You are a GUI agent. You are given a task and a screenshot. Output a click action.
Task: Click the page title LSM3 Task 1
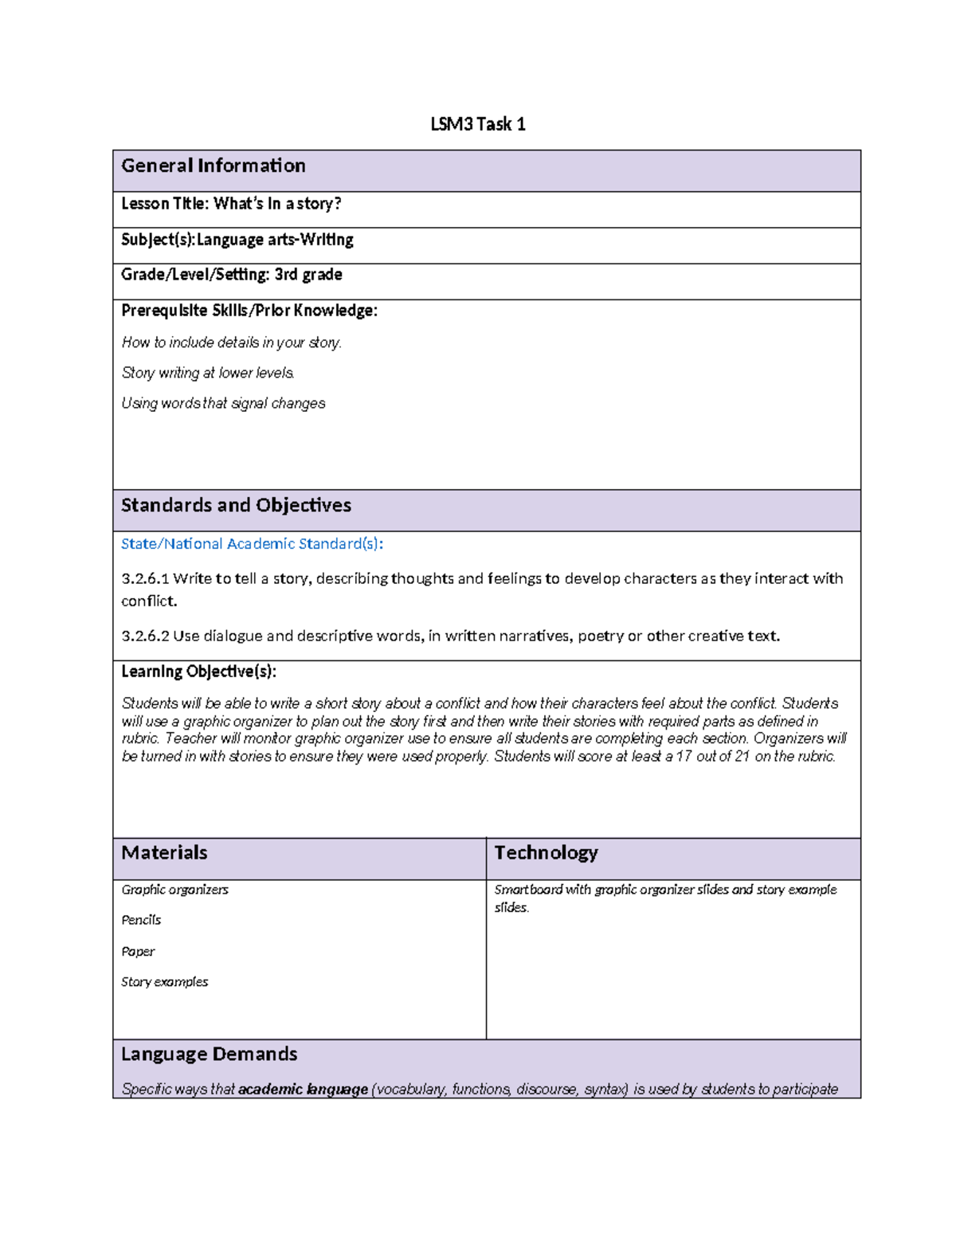coord(477,124)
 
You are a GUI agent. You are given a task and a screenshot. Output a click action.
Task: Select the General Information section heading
coord(213,166)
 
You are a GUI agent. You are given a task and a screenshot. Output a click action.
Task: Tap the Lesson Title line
coord(231,204)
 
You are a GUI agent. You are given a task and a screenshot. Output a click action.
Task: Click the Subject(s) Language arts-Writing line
coord(237,240)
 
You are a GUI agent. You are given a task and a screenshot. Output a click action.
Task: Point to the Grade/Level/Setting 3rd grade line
coord(231,275)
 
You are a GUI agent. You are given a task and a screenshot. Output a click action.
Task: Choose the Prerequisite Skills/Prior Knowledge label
coord(249,311)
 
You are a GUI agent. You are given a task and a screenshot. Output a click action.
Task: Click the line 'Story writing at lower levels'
coord(208,373)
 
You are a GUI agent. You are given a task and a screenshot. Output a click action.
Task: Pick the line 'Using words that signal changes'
coord(223,404)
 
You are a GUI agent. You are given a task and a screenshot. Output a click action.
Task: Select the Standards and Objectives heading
coord(236,506)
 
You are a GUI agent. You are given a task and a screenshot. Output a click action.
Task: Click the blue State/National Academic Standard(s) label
coord(252,544)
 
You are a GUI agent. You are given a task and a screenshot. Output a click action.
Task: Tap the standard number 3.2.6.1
coord(145,579)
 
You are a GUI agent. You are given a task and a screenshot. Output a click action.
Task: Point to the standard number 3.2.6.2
coord(145,636)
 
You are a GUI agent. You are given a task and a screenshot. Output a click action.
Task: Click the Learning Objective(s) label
coord(198,671)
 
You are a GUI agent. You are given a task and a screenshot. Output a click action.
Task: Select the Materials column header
coord(164,853)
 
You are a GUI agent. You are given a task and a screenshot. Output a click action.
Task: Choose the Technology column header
coord(546,853)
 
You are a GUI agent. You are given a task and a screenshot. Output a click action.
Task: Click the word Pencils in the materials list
coord(141,920)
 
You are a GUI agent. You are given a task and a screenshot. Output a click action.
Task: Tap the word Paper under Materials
coord(138,952)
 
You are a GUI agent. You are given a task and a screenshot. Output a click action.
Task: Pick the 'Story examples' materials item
coord(164,982)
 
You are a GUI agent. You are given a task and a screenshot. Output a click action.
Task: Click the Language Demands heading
coord(209,1055)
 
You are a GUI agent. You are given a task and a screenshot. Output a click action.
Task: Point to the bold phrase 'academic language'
coord(303,1090)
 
